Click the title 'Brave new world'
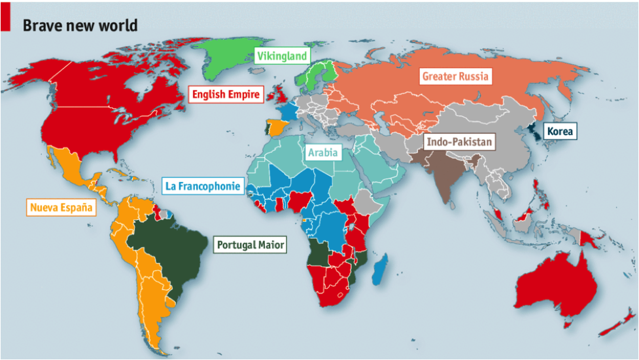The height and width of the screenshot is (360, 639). click(80, 26)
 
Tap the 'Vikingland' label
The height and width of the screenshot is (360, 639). click(281, 56)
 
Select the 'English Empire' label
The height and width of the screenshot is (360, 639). click(226, 95)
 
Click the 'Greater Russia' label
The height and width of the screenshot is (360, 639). click(455, 77)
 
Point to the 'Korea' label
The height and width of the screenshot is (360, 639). click(561, 132)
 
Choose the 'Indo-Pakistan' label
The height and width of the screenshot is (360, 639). click(459, 141)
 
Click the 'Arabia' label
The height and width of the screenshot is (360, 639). click(324, 153)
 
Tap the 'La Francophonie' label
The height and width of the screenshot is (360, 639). click(203, 187)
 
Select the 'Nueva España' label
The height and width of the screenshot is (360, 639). click(61, 208)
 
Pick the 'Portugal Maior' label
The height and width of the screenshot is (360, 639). click(251, 245)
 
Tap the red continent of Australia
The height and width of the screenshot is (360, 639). click(556, 281)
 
